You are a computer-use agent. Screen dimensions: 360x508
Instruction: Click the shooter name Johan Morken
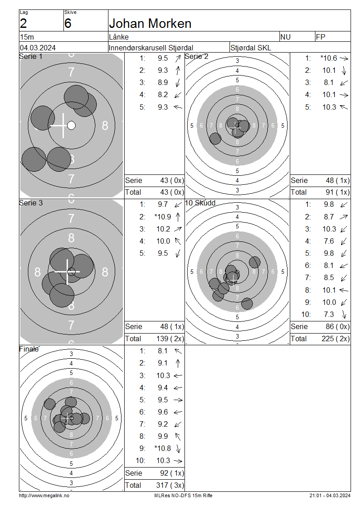[150, 24]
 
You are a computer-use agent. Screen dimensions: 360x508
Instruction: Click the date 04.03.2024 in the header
[38, 48]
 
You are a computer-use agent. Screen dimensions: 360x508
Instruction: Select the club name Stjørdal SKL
[251, 48]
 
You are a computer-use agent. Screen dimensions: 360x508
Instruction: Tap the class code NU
[285, 37]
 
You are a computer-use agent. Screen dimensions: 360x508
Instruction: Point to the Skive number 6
[67, 24]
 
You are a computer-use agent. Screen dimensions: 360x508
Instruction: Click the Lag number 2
[23, 24]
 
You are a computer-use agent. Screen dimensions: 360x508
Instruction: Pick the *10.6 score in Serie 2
[328, 58]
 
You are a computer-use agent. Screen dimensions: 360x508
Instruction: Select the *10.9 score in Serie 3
[163, 217]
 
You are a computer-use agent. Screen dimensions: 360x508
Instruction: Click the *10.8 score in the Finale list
[163, 448]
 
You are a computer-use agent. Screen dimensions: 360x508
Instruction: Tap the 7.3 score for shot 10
[328, 314]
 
